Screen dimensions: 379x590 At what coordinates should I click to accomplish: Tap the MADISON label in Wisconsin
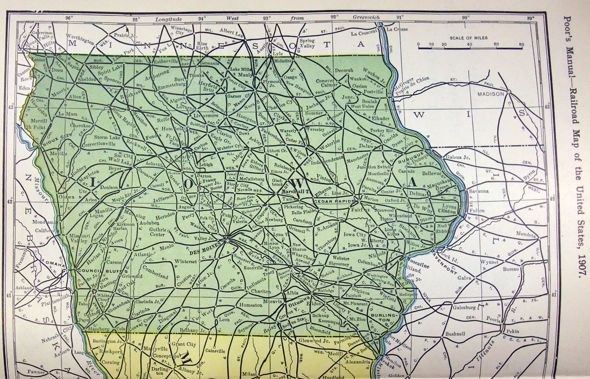[490, 94]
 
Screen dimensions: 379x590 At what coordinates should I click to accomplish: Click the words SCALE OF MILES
[468, 38]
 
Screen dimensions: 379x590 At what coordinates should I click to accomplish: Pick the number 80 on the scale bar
[521, 44]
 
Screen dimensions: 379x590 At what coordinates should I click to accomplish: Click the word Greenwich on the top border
[366, 18]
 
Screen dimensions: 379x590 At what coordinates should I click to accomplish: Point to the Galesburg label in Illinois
[464, 307]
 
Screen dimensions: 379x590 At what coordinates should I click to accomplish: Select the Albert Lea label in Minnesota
[231, 32]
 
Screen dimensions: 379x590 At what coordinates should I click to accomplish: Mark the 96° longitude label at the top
[69, 18]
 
